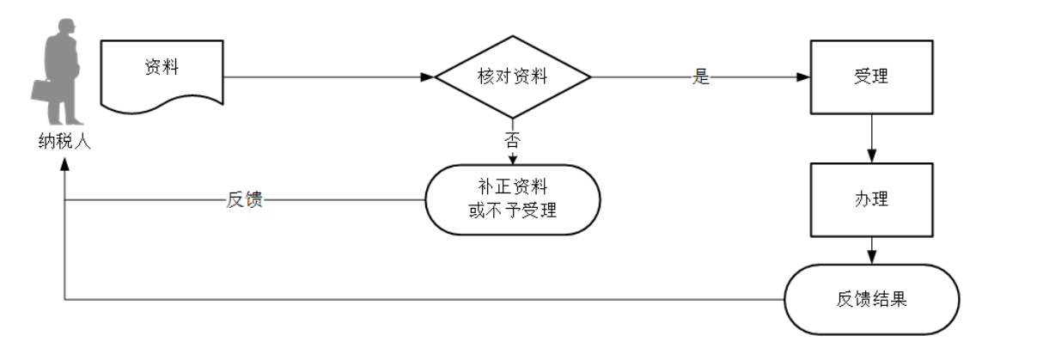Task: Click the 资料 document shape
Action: coord(162,74)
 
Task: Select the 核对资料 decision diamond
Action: coord(513,76)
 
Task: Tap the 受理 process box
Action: coord(872,76)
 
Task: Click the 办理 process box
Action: coord(872,199)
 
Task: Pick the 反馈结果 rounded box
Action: coord(872,299)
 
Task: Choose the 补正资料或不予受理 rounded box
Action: coord(513,199)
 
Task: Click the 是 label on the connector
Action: coord(701,76)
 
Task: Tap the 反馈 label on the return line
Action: coord(244,200)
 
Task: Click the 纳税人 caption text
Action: coord(64,143)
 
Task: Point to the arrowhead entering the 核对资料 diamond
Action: coord(428,76)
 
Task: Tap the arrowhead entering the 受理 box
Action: coord(804,76)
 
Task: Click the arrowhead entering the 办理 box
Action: coord(872,157)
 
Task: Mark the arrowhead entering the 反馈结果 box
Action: coord(872,257)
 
